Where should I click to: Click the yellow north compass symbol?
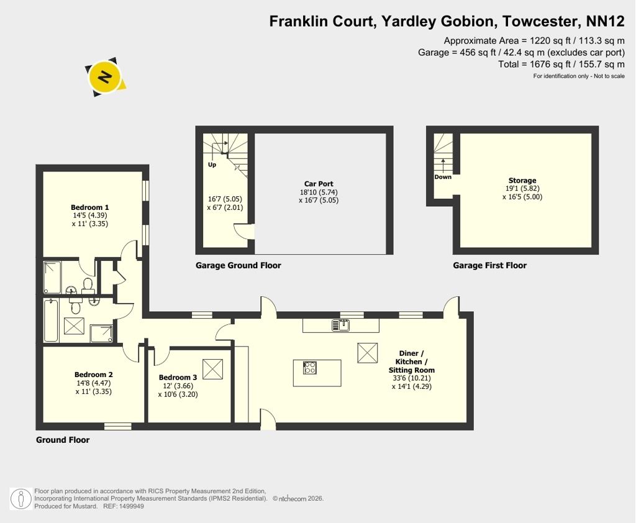[105, 76]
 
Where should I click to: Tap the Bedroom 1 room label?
[89, 207]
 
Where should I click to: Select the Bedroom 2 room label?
[94, 375]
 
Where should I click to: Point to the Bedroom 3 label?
[178, 377]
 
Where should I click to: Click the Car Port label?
[319, 184]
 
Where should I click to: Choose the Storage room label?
[522, 181]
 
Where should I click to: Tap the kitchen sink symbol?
[341, 325]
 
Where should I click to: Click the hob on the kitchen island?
[310, 368]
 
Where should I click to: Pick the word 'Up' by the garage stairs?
[212, 165]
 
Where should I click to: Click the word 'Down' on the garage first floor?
[443, 177]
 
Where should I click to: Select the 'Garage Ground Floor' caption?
[238, 265]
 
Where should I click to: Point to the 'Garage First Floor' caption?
[489, 265]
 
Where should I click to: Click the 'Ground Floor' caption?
[63, 440]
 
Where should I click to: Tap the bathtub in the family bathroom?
[51, 321]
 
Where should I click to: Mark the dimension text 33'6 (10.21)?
[412, 378]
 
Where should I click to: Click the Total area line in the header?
[561, 64]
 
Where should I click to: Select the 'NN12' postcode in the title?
[606, 21]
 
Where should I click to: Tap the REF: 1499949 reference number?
[124, 506]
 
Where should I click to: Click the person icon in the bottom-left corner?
[20, 499]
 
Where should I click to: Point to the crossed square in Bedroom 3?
[212, 369]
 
